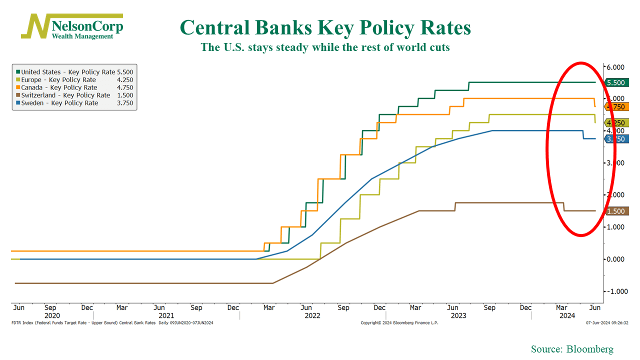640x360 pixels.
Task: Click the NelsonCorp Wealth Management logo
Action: tap(72, 27)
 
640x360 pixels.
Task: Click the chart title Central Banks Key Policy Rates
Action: tap(325, 27)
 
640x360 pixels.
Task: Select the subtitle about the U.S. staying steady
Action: tap(325, 47)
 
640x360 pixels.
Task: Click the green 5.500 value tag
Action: tap(615, 82)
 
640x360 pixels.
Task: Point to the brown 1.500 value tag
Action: tap(615, 211)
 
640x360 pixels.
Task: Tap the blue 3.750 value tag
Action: tap(615, 139)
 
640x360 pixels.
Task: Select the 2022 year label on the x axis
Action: tap(312, 316)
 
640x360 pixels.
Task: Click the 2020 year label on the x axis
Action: tap(52, 316)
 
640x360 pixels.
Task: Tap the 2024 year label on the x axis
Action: tap(567, 316)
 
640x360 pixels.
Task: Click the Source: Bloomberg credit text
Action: tap(572, 349)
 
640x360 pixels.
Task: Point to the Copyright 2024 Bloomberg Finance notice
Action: tap(399, 323)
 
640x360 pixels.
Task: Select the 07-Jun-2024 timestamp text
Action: tap(607, 323)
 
